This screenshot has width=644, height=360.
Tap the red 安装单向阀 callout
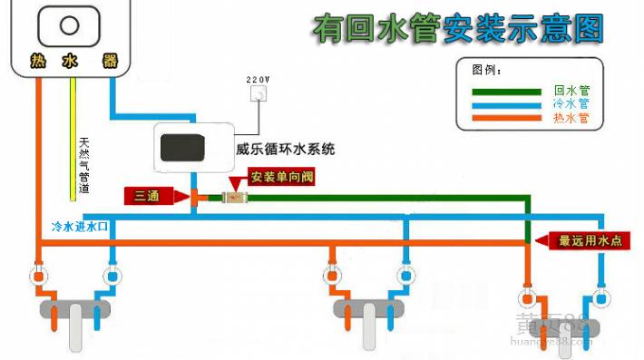(x=280, y=176)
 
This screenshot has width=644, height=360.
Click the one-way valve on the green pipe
(x=233, y=197)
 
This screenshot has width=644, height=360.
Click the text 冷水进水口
(x=81, y=226)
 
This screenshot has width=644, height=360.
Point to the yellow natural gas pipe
(x=73, y=136)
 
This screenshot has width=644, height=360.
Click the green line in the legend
(x=507, y=91)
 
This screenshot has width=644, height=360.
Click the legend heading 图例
(x=486, y=70)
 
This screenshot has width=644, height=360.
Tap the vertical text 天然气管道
(x=84, y=164)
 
